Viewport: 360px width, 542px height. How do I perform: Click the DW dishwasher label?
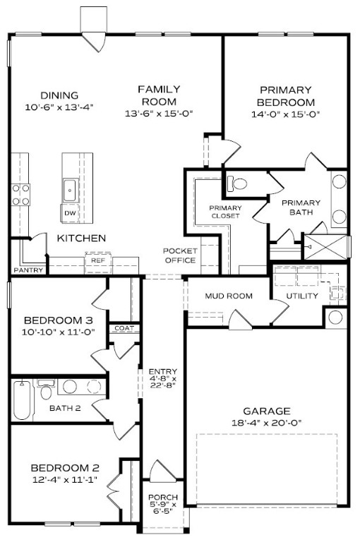coord(70,213)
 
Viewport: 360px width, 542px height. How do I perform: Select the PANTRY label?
coord(29,270)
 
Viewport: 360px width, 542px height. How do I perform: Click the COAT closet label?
coord(124,327)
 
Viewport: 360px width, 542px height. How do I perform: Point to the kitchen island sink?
coord(71,189)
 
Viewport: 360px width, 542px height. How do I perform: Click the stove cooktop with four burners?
coord(20,194)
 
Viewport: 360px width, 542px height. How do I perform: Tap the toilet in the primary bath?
coord(239,183)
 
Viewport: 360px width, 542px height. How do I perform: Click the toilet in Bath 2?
coord(47,390)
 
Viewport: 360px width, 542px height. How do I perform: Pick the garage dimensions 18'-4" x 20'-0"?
coord(267,423)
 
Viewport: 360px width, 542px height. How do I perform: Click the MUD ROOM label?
coord(229,296)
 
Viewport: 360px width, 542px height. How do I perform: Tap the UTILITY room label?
coord(302,296)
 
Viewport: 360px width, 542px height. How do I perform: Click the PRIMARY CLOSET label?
coord(225,212)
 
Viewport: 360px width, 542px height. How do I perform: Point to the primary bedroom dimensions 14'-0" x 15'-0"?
coord(285,113)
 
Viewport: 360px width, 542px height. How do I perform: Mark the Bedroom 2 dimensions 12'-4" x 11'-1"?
coord(64,480)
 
